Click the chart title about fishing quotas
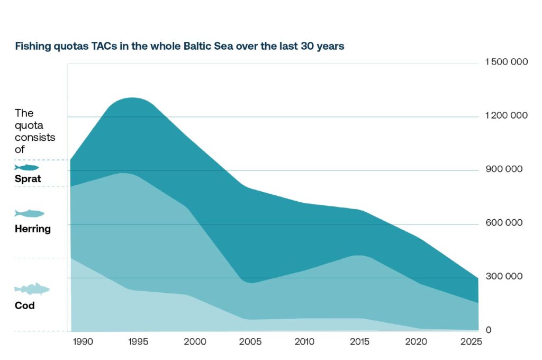[179, 47]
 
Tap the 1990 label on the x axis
[83, 342]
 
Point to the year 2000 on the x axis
[194, 342]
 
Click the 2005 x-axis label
[250, 342]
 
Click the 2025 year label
[471, 342]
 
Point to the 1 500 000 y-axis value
[507, 62]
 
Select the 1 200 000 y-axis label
[507, 116]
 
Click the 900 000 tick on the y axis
[504, 169]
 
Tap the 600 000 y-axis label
[504, 223]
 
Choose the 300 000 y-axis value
[504, 276]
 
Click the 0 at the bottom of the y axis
[489, 330]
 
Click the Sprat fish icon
[26, 167]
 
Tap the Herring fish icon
[29, 213]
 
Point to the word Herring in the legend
[33, 229]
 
